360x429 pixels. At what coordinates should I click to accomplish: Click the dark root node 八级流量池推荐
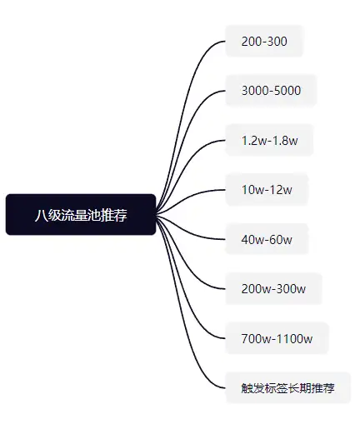click(81, 214)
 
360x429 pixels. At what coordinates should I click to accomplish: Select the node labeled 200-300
click(264, 42)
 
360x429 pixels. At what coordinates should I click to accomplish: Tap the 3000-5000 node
click(271, 91)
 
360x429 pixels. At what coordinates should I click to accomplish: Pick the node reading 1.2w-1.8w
click(269, 140)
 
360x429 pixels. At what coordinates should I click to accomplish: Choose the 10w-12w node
click(267, 190)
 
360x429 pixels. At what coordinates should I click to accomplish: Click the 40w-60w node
click(267, 239)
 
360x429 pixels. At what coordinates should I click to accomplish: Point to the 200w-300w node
click(273, 289)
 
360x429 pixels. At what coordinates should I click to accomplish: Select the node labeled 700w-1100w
click(277, 338)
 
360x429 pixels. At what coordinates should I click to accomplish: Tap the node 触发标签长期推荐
click(287, 388)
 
